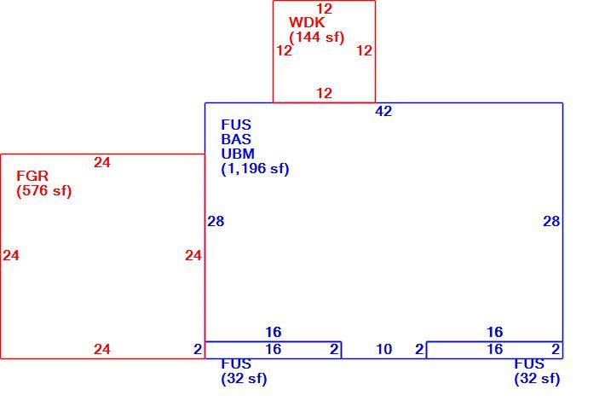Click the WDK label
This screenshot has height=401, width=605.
pyautogui.click(x=307, y=22)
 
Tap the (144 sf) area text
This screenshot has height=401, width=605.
pyautogui.click(x=316, y=38)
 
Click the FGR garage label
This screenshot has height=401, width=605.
pyautogui.click(x=32, y=176)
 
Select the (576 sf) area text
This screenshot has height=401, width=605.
pyautogui.click(x=44, y=191)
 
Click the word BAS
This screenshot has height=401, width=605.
pyautogui.click(x=236, y=139)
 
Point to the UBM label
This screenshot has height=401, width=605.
pyautogui.click(x=238, y=154)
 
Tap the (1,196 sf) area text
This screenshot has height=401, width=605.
pyautogui.click(x=255, y=169)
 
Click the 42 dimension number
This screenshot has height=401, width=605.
pyautogui.click(x=383, y=111)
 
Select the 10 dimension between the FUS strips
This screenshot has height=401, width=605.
pyautogui.click(x=384, y=349)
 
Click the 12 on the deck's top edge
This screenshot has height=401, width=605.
pyautogui.click(x=324, y=9)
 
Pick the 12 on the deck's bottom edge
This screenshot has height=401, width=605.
pyautogui.click(x=324, y=93)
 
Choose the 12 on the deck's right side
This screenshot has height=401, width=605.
pyautogui.click(x=364, y=50)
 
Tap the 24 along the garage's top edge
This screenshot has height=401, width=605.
pyautogui.click(x=102, y=162)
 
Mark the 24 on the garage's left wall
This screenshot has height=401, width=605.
pyautogui.click(x=11, y=255)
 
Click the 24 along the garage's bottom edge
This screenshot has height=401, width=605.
pyautogui.click(x=102, y=349)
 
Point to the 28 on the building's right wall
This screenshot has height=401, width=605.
pyautogui.click(x=551, y=221)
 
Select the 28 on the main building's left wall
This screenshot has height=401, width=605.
pyautogui.click(x=216, y=221)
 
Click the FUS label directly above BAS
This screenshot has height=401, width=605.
pyautogui.click(x=236, y=125)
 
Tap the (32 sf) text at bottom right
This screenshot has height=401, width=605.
pyautogui.click(x=537, y=379)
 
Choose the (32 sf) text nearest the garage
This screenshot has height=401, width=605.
pyautogui.click(x=244, y=379)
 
